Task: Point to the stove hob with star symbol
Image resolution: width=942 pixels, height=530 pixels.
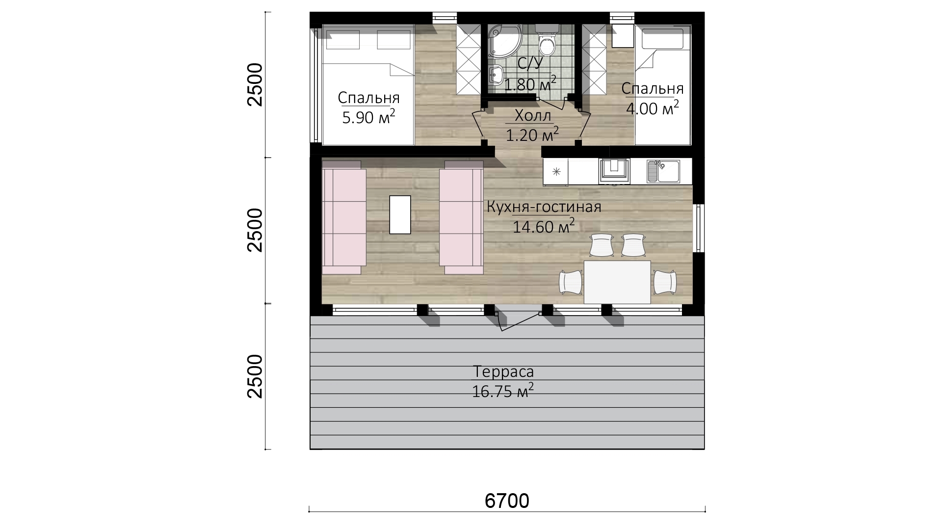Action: [556, 171]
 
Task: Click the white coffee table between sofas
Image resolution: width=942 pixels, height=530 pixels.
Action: [400, 214]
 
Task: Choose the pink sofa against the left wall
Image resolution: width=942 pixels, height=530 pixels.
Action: [344, 217]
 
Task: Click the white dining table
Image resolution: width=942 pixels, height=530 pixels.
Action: [617, 282]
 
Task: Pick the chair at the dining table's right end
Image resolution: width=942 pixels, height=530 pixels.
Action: [665, 282]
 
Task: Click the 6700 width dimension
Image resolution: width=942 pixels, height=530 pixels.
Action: [507, 501]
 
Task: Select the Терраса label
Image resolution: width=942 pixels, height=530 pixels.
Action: [503, 371]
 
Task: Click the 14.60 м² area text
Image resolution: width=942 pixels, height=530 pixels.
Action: [544, 226]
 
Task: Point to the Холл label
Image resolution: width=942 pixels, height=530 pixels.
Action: [533, 116]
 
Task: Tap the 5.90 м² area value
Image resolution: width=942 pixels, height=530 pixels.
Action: [368, 117]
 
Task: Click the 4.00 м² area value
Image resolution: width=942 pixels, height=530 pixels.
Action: [653, 107]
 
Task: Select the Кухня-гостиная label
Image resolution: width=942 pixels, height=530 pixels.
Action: [544, 207]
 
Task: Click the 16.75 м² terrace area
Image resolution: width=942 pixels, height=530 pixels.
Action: [503, 391]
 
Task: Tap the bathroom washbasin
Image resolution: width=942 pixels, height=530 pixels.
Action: [496, 75]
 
